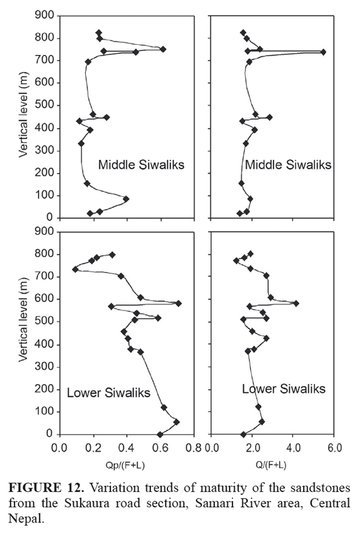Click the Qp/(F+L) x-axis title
(126, 465)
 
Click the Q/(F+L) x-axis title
(272, 465)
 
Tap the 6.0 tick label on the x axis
(334, 448)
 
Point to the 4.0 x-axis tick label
(293, 448)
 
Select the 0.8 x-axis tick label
(194, 448)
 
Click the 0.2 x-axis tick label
(93, 448)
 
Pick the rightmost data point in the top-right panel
(323, 52)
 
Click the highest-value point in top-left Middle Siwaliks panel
(163, 49)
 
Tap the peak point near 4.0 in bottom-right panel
(296, 303)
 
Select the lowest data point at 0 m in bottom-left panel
(160, 435)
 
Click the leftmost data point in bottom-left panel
(75, 269)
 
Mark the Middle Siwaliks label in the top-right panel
(289, 165)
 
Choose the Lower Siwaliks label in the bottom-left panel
(109, 392)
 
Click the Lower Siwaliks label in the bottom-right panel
(284, 388)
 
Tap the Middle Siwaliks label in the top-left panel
(141, 164)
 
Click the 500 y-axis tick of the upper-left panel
(44, 105)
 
